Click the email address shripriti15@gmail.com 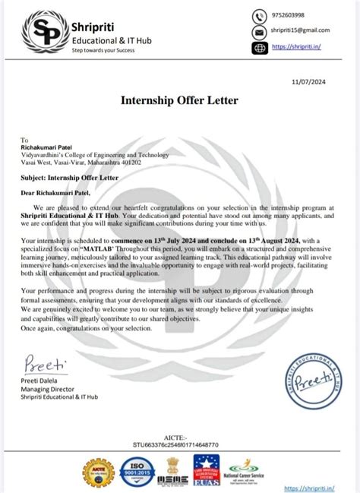pos(301,31)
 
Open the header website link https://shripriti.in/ pos(295,47)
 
